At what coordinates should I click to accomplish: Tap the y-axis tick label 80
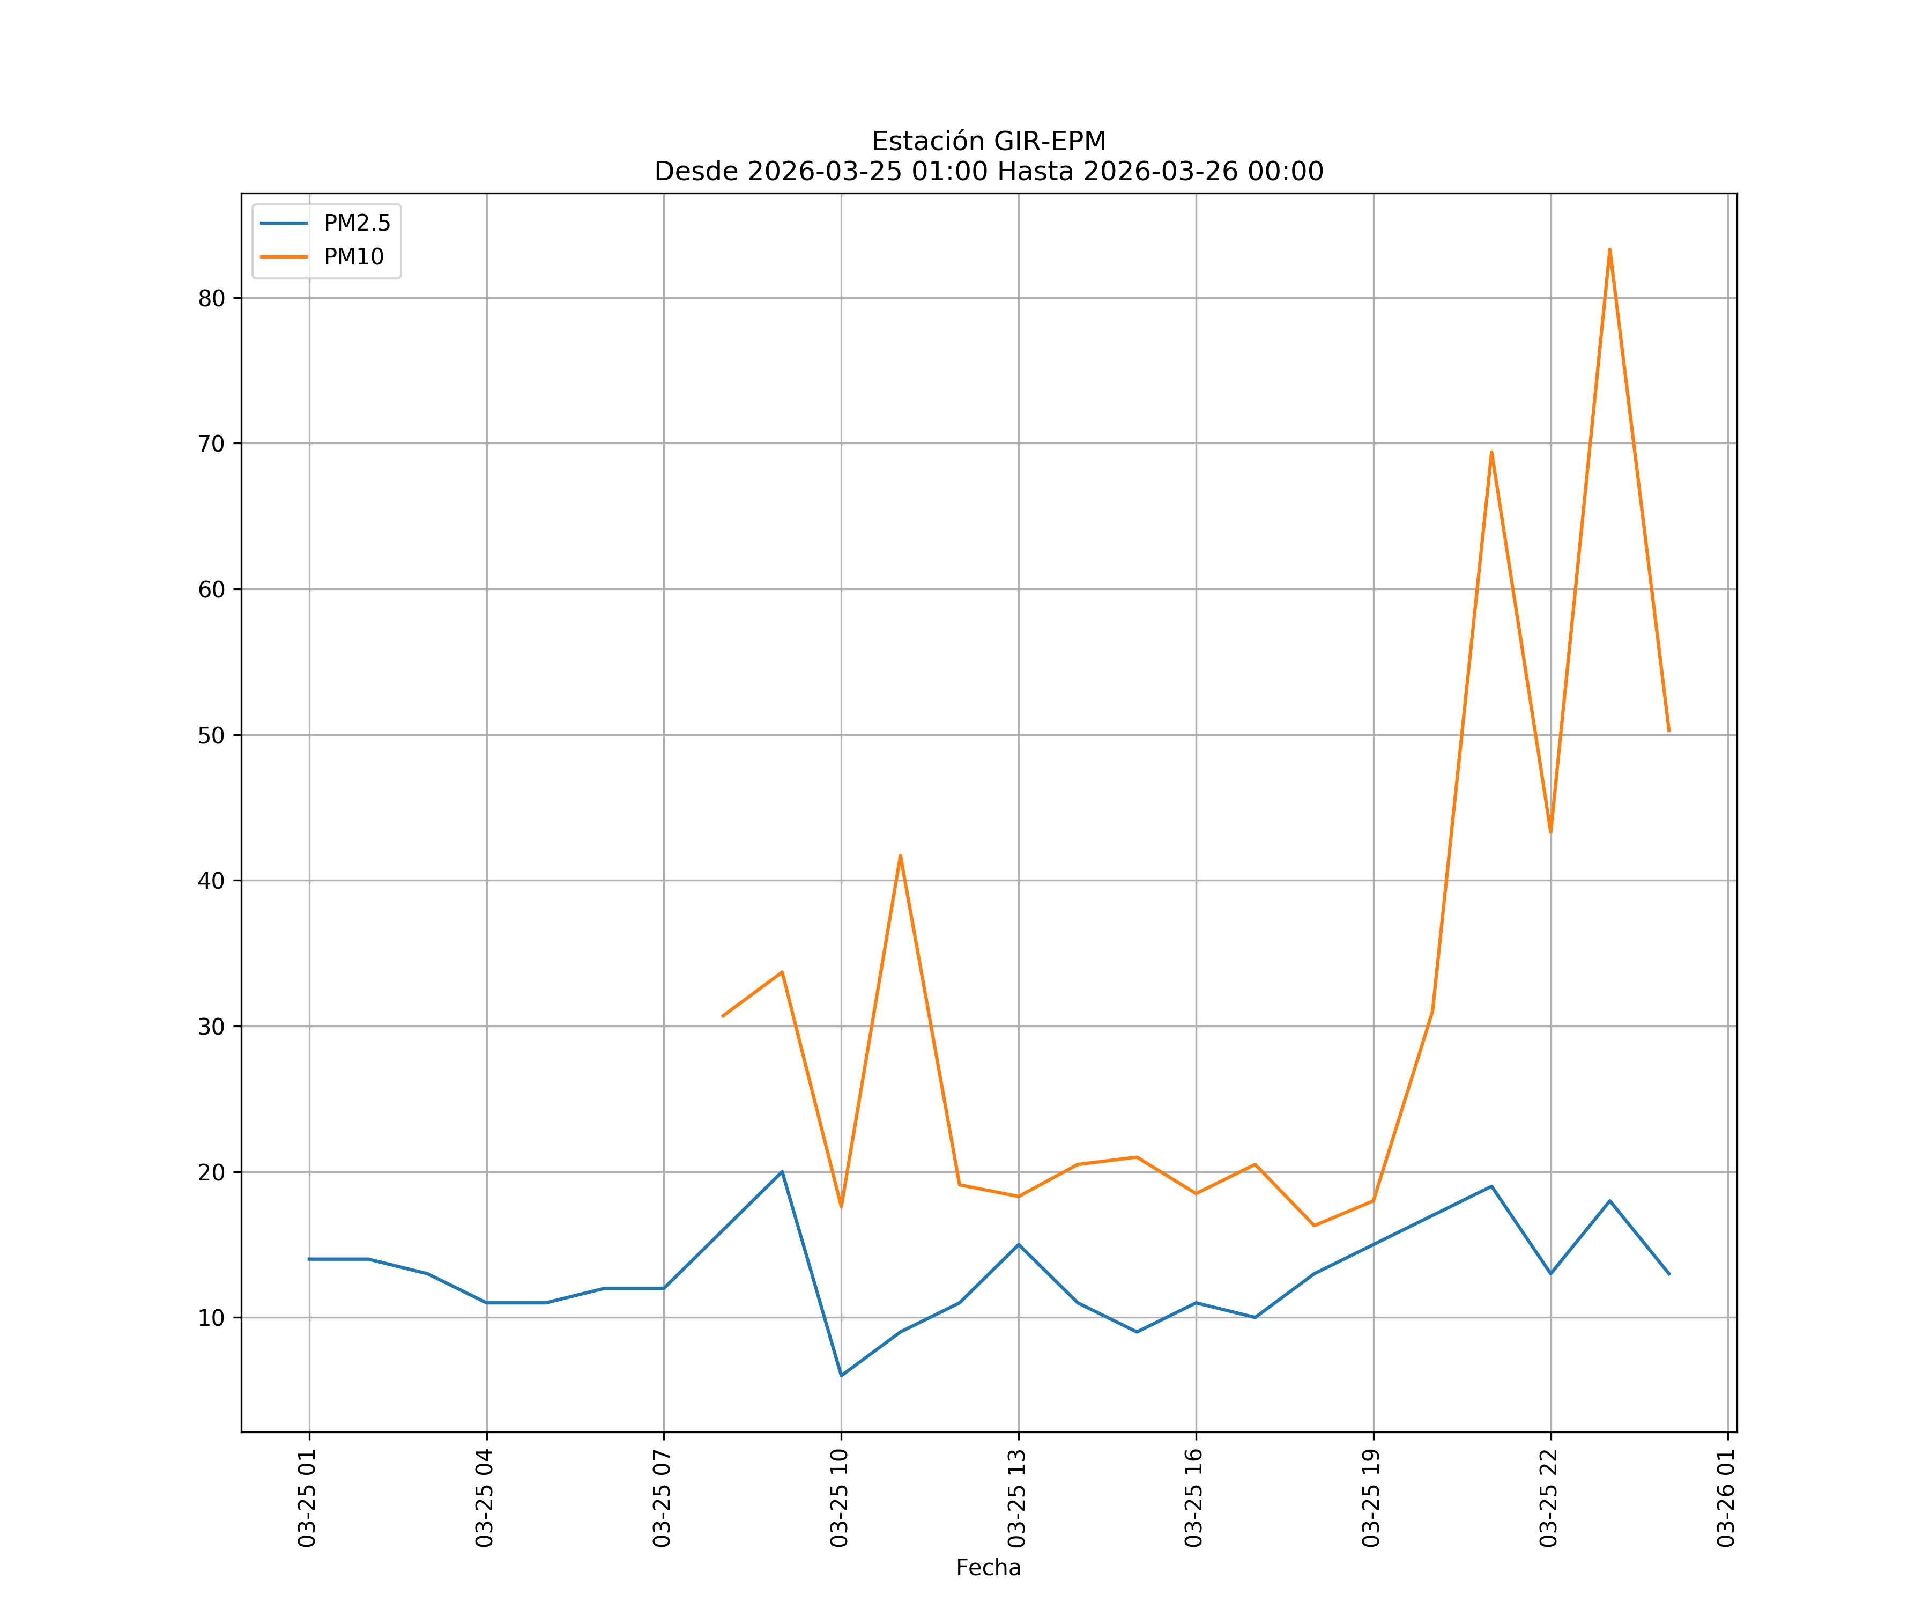pos(211,298)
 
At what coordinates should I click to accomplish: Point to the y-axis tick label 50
pos(211,735)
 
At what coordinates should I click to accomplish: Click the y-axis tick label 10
pos(211,1318)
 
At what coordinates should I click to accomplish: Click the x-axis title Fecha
pos(988,1568)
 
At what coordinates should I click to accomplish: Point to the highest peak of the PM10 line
pos(1609,249)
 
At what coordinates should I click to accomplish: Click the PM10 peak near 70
pos(1491,452)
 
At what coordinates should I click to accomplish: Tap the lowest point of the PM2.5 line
pos(841,1376)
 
